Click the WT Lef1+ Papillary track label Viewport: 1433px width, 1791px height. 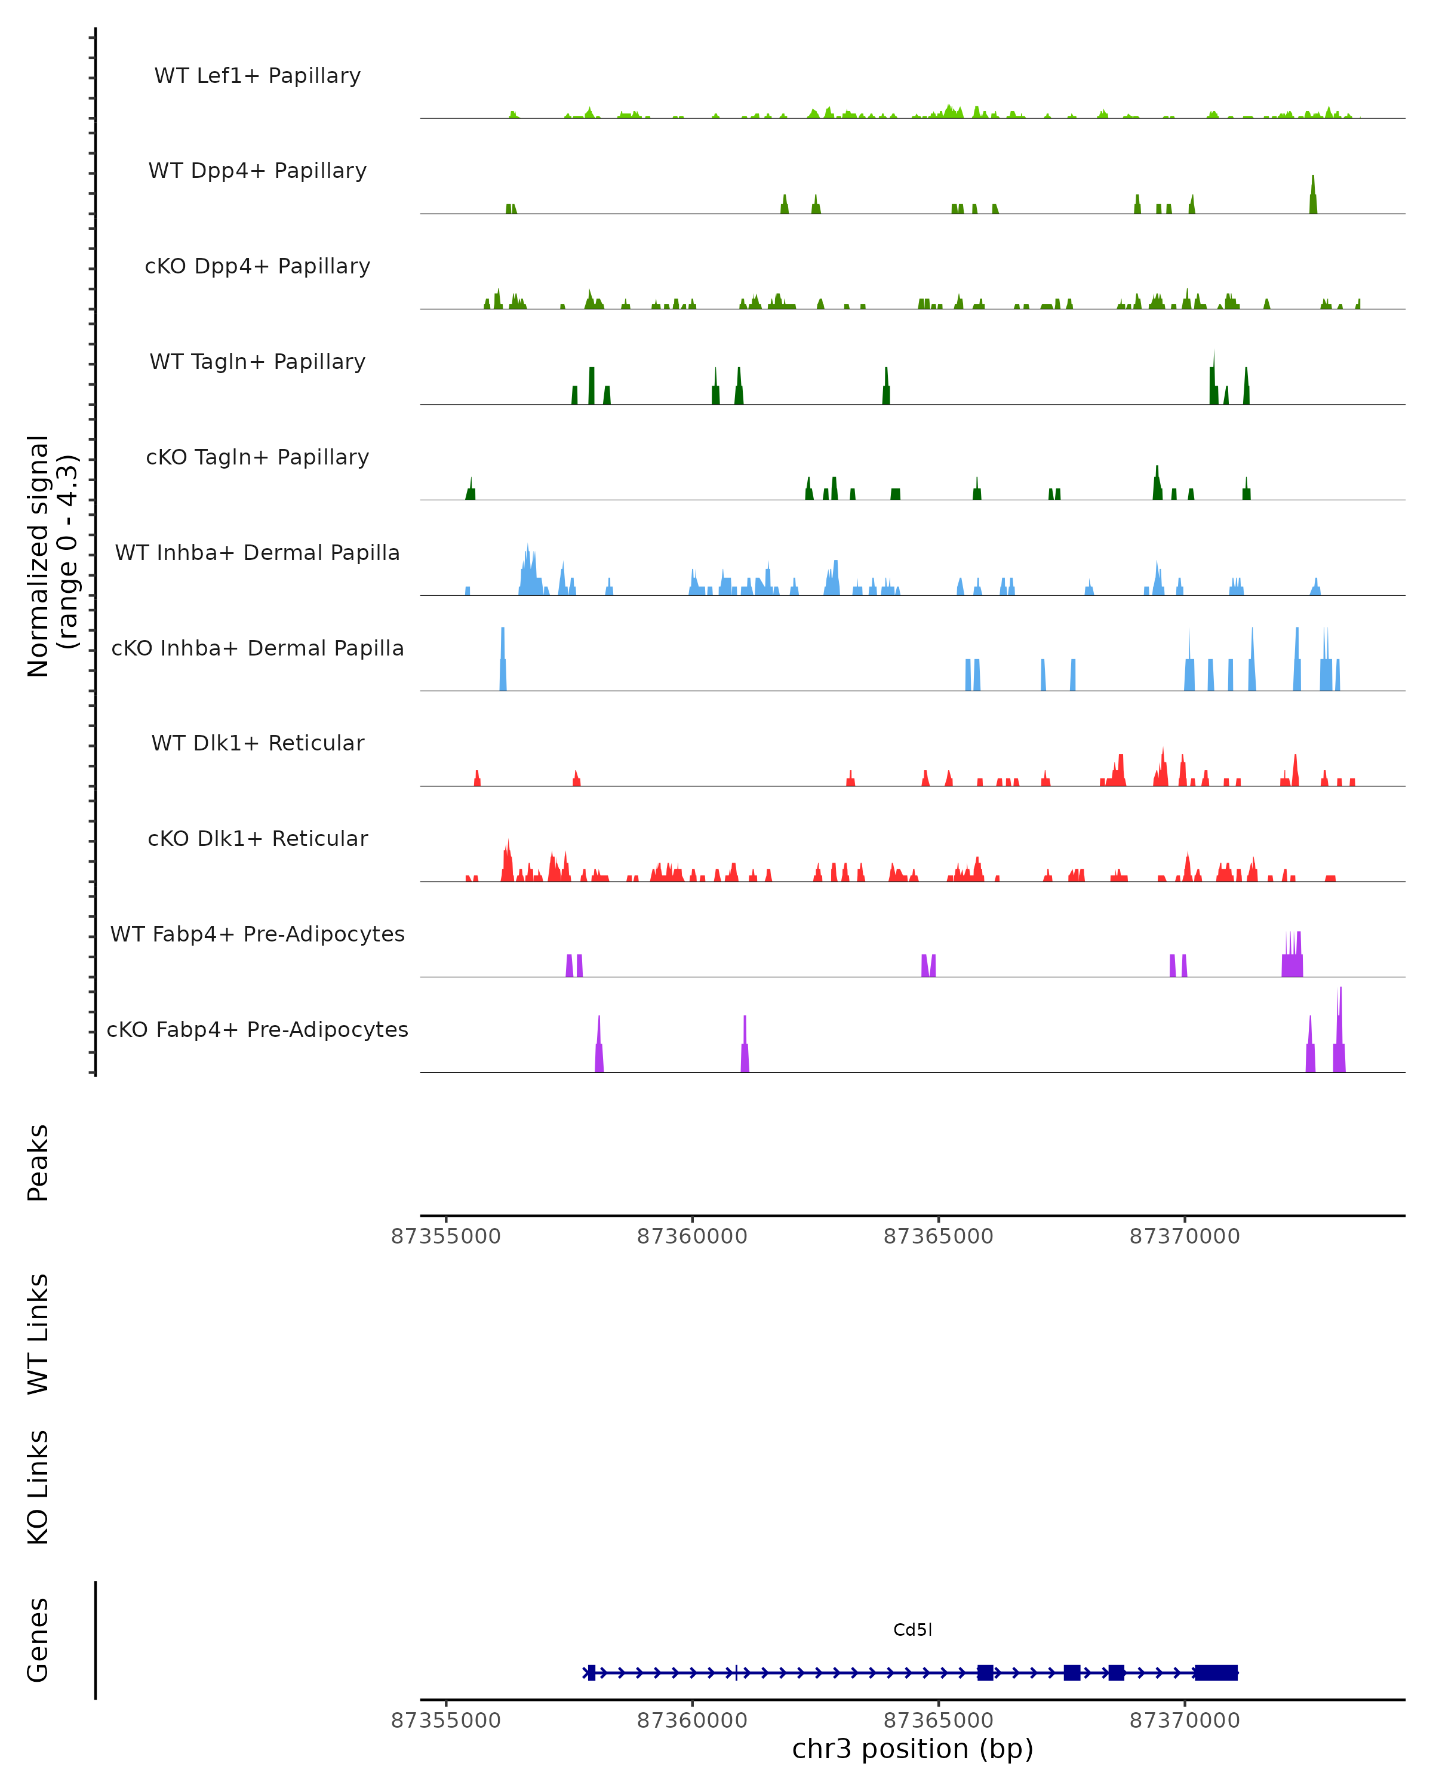pyautogui.click(x=257, y=76)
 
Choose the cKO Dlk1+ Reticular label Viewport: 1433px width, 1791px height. pyautogui.click(x=257, y=838)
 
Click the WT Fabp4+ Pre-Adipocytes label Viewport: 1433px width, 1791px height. pyautogui.click(x=257, y=934)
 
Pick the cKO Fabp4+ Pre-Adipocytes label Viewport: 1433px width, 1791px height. pyautogui.click(x=257, y=1029)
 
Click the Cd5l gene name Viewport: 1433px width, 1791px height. pyautogui.click(x=912, y=1629)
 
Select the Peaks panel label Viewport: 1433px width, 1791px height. pyautogui.click(x=38, y=1162)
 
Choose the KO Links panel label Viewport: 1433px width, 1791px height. pyautogui.click(x=38, y=1487)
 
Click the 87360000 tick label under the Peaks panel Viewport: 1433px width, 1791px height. pyautogui.click(x=692, y=1236)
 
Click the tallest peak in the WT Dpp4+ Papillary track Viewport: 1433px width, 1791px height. pyautogui.click(x=1312, y=196)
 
